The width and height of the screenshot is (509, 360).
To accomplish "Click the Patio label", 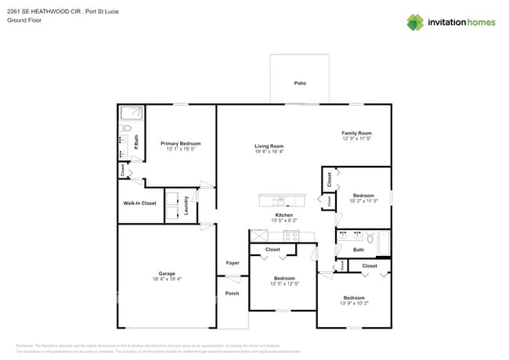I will [300, 83].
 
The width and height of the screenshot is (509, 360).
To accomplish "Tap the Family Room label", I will [356, 133].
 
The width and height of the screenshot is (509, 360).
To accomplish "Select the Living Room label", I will [269, 146].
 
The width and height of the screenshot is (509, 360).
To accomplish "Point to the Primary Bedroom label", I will [181, 143].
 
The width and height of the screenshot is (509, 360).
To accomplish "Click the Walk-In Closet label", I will [139, 203].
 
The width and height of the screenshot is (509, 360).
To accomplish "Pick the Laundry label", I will [186, 206].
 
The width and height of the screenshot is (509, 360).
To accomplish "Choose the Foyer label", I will [233, 263].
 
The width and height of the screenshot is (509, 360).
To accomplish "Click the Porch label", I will [232, 293].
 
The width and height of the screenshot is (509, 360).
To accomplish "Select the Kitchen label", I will [283, 215].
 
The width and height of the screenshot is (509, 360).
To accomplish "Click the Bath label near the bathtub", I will [359, 250].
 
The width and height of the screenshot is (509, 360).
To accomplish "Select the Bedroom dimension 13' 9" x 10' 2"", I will [354, 304].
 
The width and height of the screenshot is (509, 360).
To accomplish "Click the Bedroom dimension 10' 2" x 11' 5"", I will [363, 201].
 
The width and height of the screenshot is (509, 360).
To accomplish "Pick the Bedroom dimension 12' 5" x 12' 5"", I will [284, 284].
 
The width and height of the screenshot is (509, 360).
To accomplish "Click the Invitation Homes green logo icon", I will [415, 22].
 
